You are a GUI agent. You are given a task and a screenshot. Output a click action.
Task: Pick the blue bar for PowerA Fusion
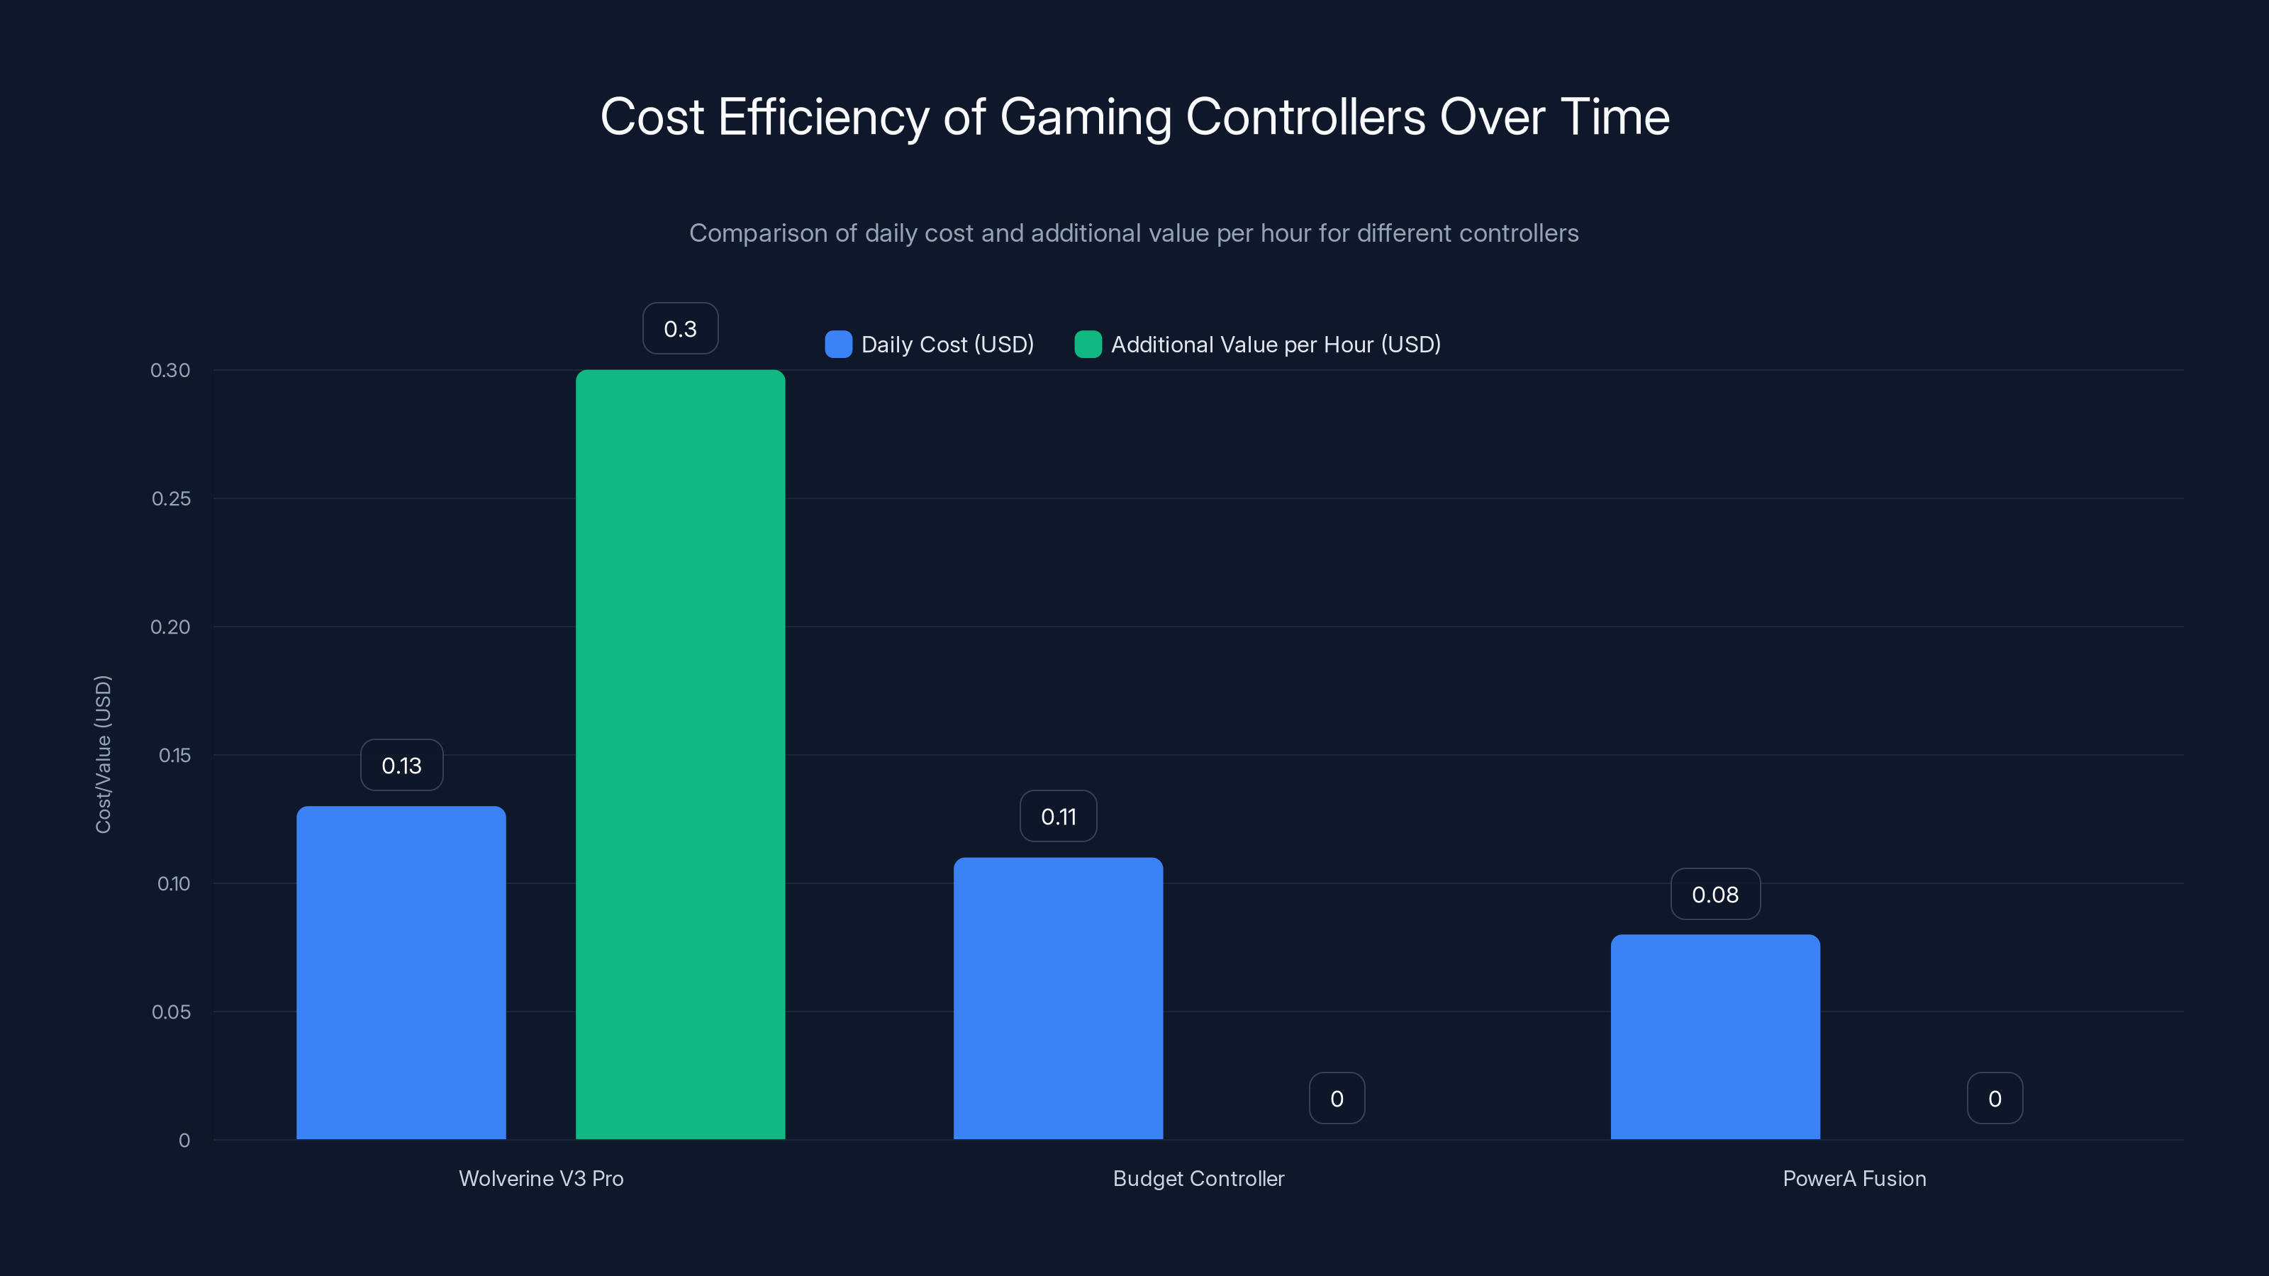[1715, 1036]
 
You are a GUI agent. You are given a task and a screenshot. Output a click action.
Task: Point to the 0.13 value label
[401, 766]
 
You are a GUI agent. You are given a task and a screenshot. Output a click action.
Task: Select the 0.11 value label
[1058, 817]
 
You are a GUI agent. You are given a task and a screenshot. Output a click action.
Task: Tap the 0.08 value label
[1715, 895]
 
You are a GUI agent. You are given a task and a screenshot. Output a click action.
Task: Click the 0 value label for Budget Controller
[1336, 1098]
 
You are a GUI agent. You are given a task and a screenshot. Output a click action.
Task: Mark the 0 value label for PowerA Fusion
[1994, 1098]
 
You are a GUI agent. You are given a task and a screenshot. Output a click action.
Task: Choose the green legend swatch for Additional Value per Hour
[1088, 345]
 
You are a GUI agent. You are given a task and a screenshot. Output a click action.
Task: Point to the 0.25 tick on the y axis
[171, 498]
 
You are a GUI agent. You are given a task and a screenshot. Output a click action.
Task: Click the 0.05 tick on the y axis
[171, 1012]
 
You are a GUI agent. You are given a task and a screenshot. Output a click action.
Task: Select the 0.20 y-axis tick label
[170, 627]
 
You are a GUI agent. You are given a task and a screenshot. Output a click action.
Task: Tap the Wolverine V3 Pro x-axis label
[541, 1178]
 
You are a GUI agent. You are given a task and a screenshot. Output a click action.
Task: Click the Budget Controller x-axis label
[1198, 1178]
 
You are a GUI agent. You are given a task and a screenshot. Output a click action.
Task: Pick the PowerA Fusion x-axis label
[1854, 1178]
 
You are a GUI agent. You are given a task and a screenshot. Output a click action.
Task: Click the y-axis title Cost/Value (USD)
[103, 754]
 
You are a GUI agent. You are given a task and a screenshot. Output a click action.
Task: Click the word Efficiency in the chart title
[823, 117]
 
